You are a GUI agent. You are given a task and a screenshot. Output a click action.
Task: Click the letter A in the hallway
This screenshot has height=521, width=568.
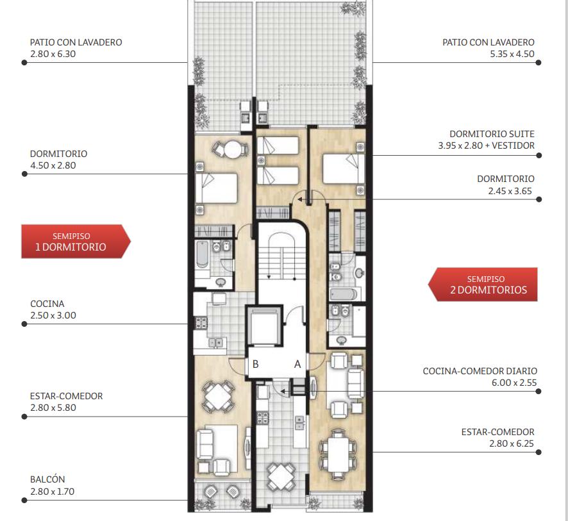point(297,364)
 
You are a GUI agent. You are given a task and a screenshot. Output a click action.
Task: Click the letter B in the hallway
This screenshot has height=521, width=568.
point(255,364)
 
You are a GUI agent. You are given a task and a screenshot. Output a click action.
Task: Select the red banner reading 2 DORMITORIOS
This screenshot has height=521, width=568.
point(483,285)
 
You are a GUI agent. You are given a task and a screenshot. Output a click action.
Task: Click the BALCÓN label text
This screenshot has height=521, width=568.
point(47,479)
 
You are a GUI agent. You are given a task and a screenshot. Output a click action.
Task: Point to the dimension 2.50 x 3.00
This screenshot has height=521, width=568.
point(53,315)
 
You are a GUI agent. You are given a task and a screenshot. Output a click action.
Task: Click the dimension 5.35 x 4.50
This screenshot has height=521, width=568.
point(512,54)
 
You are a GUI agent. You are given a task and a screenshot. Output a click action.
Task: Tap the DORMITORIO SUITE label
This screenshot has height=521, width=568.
point(492,134)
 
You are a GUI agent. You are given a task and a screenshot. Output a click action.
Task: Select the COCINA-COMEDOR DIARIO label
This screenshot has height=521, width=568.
point(480,371)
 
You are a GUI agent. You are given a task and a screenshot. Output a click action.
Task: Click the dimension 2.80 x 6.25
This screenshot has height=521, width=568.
point(512,443)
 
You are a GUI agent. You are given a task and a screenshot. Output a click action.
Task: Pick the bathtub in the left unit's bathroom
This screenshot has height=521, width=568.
point(202,254)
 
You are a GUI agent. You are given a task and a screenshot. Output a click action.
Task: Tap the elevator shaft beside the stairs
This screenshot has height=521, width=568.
point(264,325)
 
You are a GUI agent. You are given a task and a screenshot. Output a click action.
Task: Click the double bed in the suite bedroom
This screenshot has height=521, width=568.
point(343,169)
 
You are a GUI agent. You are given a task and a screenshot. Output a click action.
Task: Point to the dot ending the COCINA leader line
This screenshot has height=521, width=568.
point(24,324)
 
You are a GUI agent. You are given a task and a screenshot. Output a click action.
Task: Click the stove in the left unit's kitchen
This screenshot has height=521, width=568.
point(201,323)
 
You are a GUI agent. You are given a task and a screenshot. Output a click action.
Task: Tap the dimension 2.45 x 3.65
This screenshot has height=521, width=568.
point(510,191)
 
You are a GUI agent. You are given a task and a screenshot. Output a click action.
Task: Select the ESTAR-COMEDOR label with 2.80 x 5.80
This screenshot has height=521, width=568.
point(66,402)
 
